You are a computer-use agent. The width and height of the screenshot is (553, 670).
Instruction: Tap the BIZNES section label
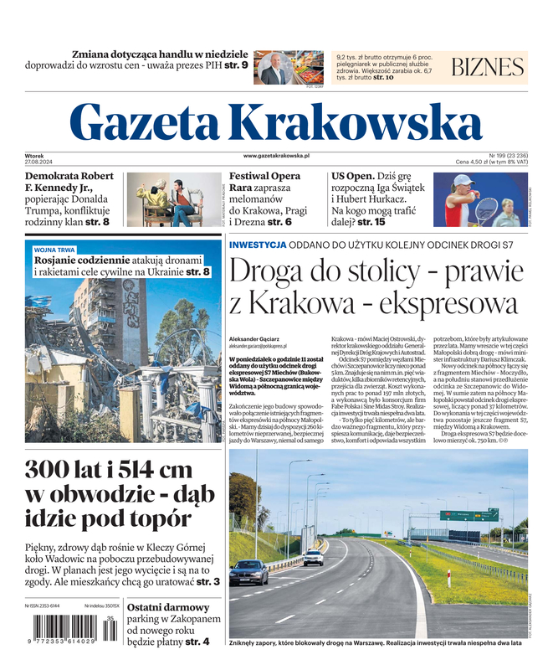(487, 68)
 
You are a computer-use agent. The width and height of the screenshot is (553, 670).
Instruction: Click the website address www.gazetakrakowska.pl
(277, 156)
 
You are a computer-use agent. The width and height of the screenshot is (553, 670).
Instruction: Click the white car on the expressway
(314, 557)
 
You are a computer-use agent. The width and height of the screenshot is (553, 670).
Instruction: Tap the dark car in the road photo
(248, 572)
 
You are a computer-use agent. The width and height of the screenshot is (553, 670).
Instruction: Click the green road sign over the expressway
(481, 514)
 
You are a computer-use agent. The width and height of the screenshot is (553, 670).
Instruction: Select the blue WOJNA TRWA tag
(54, 250)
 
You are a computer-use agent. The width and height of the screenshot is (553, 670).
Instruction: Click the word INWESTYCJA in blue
(258, 245)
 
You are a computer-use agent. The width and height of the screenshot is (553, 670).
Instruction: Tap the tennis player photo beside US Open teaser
(479, 200)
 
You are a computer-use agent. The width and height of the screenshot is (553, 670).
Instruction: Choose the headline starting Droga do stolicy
(373, 287)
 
